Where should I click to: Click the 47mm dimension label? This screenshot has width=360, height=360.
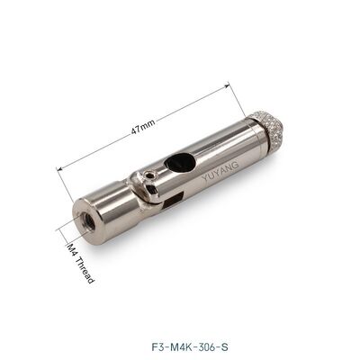tap(143, 127)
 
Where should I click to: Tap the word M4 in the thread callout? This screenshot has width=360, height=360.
tap(72, 248)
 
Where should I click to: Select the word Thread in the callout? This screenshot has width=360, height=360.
tap(85, 270)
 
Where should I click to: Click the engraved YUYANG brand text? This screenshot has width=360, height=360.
tap(220, 171)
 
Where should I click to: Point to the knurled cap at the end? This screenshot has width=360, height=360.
tap(265, 126)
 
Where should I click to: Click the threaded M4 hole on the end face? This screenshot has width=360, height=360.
tap(86, 220)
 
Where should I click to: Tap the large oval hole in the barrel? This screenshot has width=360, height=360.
tap(180, 162)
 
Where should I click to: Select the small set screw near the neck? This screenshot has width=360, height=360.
tap(150, 175)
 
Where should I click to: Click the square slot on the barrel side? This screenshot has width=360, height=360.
tap(174, 200)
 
